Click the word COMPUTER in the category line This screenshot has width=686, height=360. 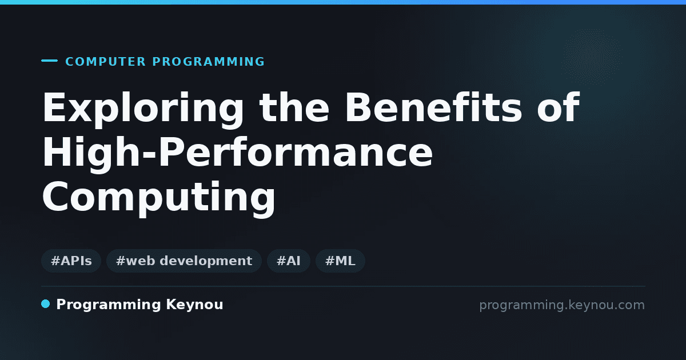pos(106,62)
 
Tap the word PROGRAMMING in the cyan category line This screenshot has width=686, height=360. pos(208,62)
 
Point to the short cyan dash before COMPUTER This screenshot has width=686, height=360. pos(49,61)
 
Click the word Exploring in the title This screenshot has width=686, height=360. pos(143,109)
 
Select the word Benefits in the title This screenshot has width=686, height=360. pos(434,107)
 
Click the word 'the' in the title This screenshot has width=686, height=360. pos(294,107)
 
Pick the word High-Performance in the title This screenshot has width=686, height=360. pos(238,153)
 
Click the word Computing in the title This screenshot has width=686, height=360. pos(159,198)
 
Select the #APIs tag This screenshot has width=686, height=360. pos(71,261)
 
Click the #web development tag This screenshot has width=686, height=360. pos(184,261)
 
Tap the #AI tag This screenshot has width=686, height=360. pos(289,261)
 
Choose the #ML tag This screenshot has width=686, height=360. pos(340,261)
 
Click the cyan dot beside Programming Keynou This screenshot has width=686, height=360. pos(45,304)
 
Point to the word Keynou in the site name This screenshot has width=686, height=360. pos(194,305)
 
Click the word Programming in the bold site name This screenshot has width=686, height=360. pos(109,305)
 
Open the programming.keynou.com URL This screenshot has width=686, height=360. pos(562,305)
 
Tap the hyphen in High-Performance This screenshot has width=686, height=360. pos(150,156)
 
